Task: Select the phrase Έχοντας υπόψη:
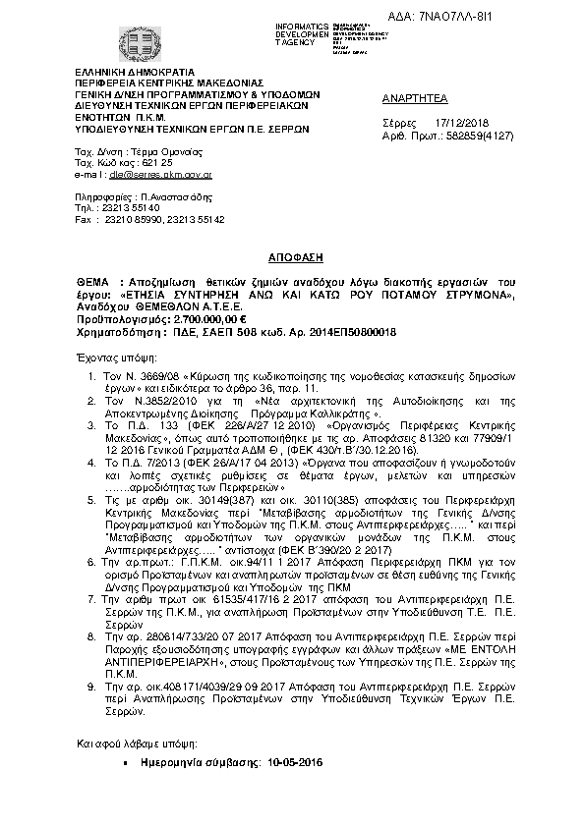(113, 359)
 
